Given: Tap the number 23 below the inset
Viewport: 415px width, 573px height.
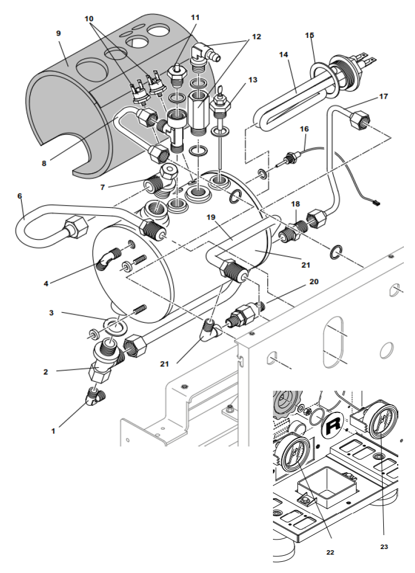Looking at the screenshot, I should [384, 547].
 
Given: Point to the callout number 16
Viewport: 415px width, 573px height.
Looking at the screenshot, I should [304, 129].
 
